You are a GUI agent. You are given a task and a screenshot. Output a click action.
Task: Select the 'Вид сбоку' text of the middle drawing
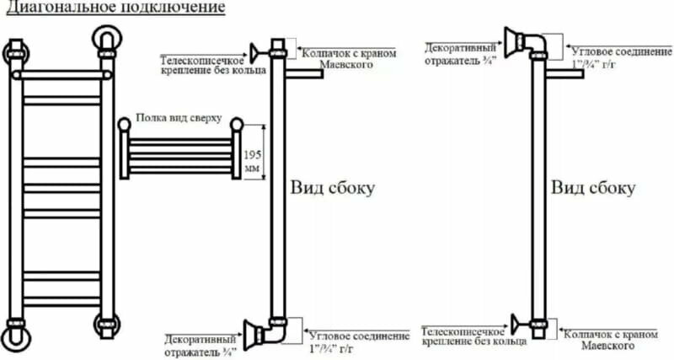[x=332, y=187]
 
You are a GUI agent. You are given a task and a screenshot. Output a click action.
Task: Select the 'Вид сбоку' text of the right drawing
[x=593, y=187]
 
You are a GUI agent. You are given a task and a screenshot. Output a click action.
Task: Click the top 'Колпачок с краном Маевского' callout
[x=347, y=58]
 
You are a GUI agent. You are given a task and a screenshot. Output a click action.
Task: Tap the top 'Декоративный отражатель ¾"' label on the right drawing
[x=460, y=52]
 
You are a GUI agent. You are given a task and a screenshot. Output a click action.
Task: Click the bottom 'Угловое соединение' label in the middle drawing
[x=349, y=341]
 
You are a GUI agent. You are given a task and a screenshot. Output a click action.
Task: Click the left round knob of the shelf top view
[x=125, y=126]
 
